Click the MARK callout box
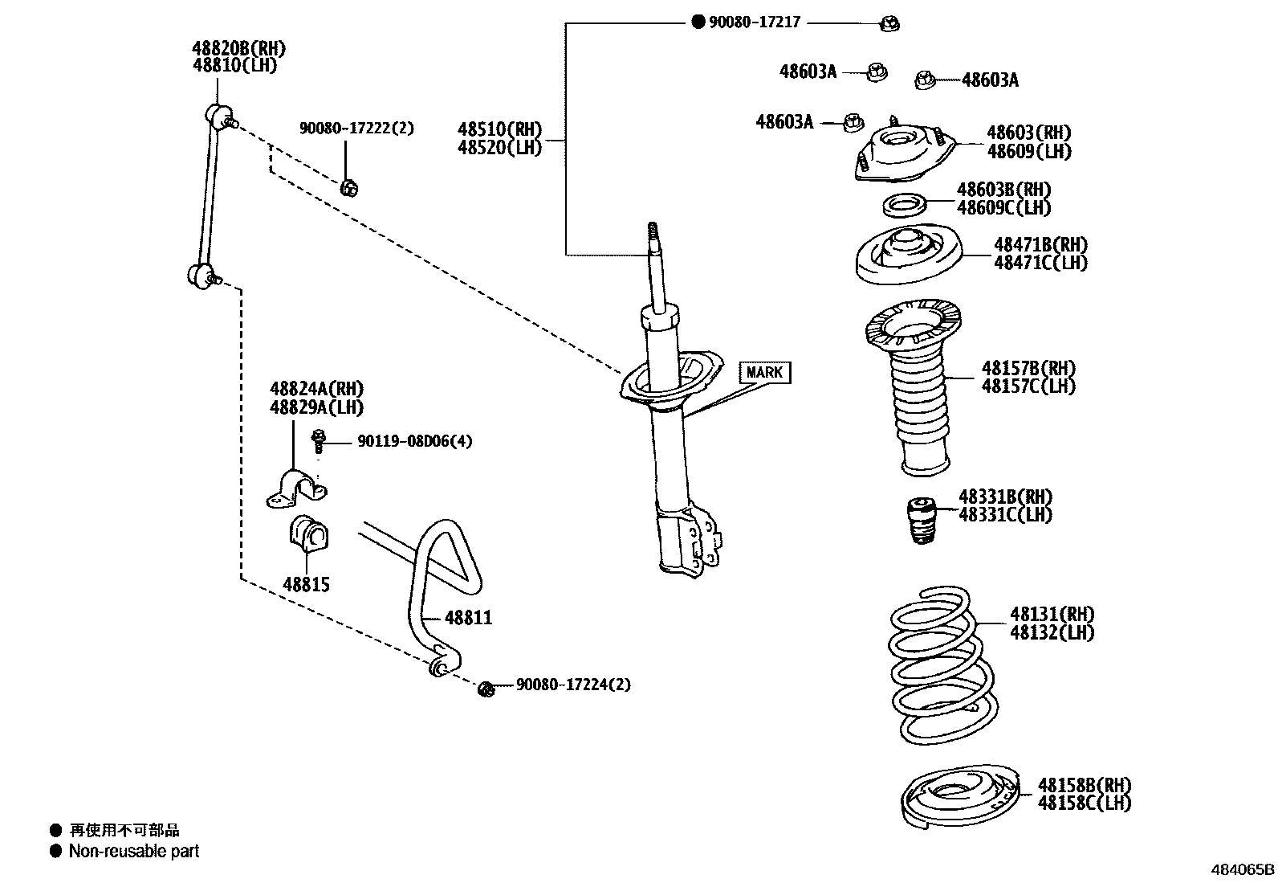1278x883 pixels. [x=763, y=372]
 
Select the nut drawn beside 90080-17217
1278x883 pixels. [x=889, y=24]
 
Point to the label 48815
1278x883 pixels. [x=306, y=584]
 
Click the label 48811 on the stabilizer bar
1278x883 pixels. [x=468, y=618]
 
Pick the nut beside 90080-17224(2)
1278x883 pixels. [x=486, y=689]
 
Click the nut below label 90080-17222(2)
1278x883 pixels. [x=348, y=188]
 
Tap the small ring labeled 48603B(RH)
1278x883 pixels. [x=905, y=206]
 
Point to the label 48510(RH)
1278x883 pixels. [x=499, y=129]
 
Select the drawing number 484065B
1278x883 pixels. [x=1242, y=869]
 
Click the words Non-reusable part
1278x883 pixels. [x=133, y=851]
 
